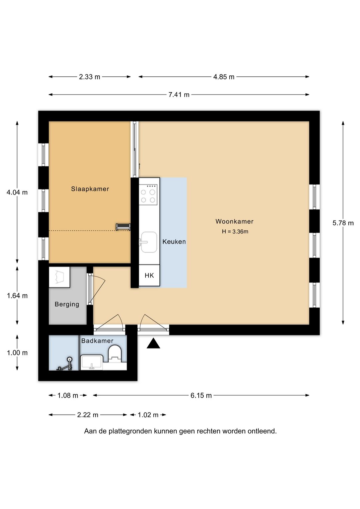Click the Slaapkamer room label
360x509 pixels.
pyautogui.click(x=90, y=189)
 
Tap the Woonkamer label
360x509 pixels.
pyautogui.click(x=234, y=221)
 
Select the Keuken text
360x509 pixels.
pyautogui.click(x=174, y=241)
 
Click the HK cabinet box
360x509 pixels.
pyautogui.click(x=149, y=276)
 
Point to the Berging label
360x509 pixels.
pyautogui.click(x=67, y=304)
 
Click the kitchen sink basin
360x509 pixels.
pyautogui.click(x=149, y=242)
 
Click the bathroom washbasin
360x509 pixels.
pyautogui.click(x=91, y=363)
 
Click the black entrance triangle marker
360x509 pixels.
pyautogui.click(x=153, y=343)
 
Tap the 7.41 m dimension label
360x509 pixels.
pyautogui.click(x=179, y=94)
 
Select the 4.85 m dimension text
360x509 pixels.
pyautogui.click(x=224, y=77)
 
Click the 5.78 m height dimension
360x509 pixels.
pyautogui.click(x=343, y=223)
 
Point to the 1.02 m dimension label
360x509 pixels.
pyautogui.click(x=148, y=415)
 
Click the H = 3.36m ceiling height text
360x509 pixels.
pyautogui.click(x=235, y=231)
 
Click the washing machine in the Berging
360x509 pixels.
pyautogui.click(x=59, y=277)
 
